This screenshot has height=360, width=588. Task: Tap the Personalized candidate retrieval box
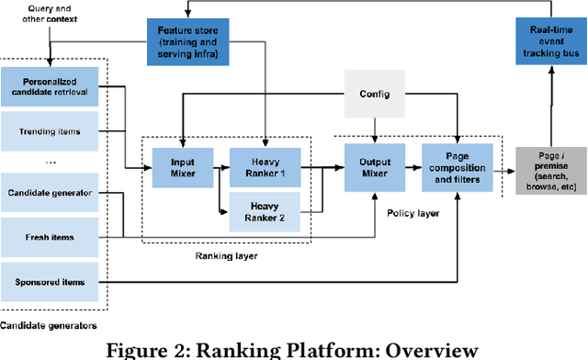[x=50, y=89]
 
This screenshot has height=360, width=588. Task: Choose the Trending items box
[x=50, y=131]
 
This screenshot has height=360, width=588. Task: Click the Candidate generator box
[x=50, y=195]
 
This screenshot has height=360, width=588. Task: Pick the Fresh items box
[x=50, y=236]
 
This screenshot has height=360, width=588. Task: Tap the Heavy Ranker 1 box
[x=265, y=165]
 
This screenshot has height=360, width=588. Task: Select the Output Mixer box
[x=373, y=165]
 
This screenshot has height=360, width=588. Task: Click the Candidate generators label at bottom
[x=49, y=324]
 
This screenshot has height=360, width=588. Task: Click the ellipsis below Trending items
[x=50, y=162]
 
